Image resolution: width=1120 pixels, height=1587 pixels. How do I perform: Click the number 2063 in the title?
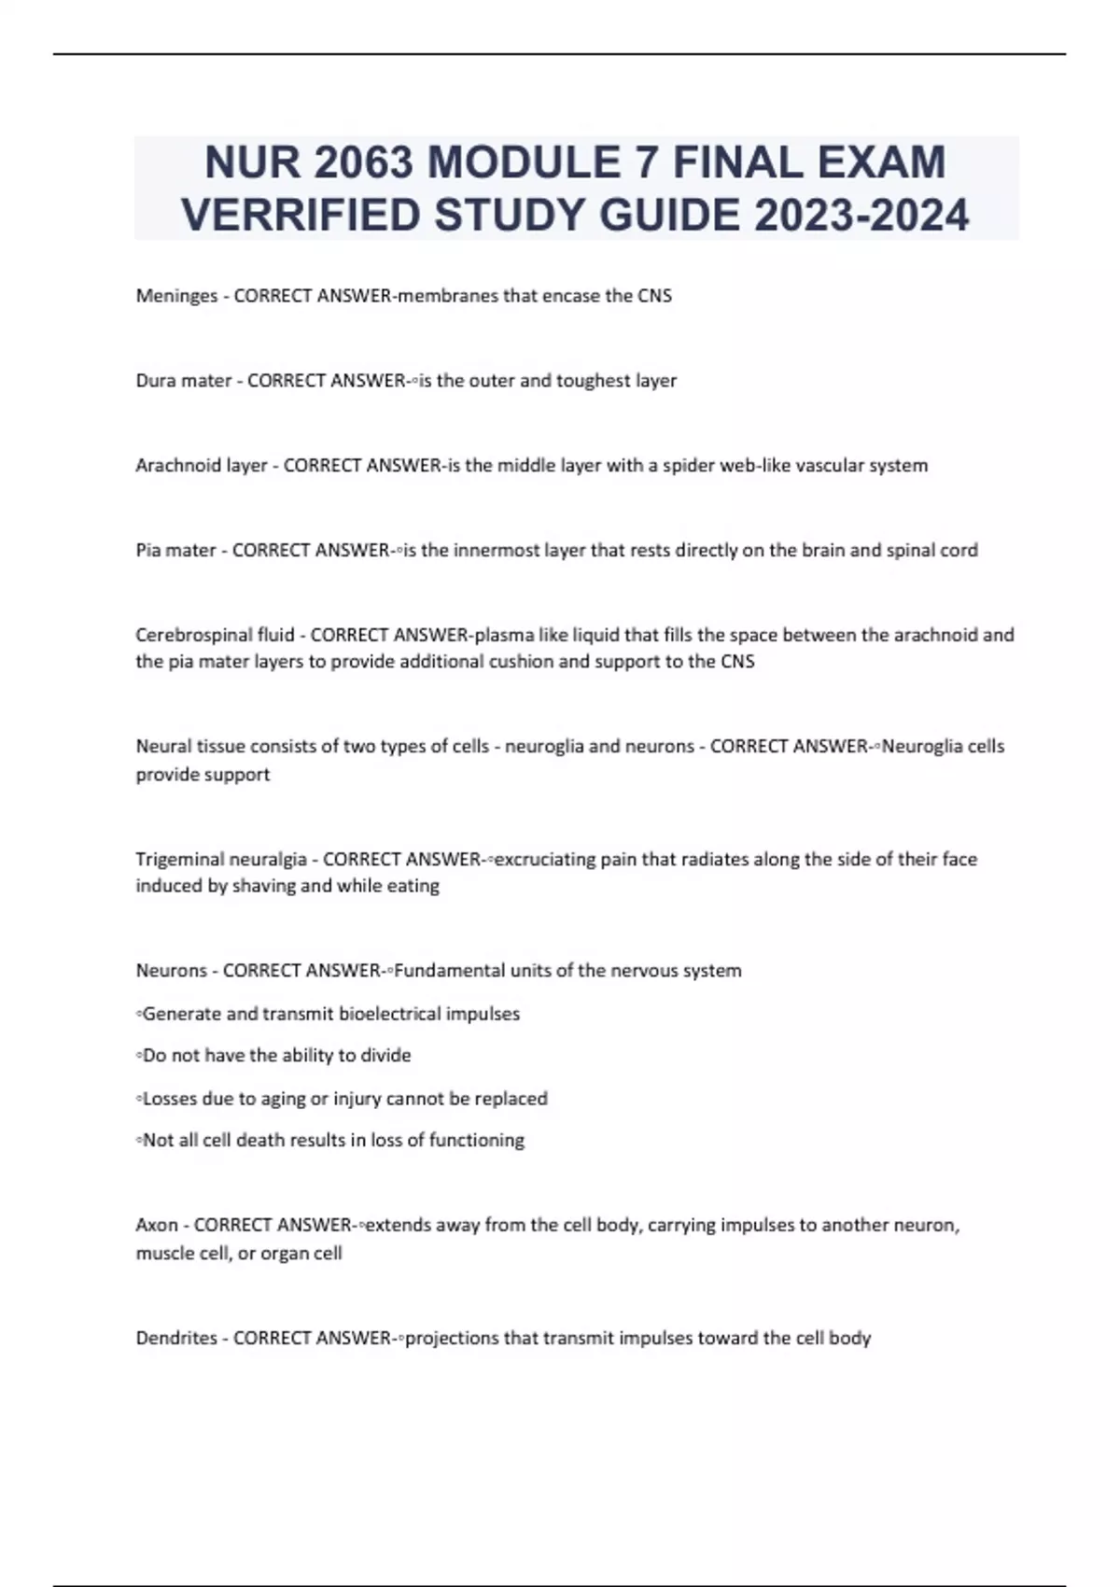[x=364, y=162]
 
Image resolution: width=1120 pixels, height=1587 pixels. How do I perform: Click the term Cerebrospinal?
[x=194, y=636]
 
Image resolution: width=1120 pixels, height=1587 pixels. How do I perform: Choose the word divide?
[x=385, y=1056]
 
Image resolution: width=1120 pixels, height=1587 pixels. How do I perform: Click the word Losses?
[x=169, y=1099]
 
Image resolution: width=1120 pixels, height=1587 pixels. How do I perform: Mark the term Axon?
[x=157, y=1226]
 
